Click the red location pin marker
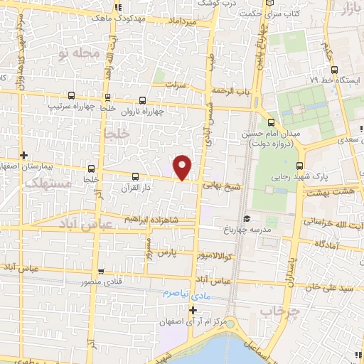[x=183, y=167]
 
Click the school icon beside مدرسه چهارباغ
[x=246, y=219]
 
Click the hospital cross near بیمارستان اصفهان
[x=24, y=155]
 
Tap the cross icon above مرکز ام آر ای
[x=192, y=310]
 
